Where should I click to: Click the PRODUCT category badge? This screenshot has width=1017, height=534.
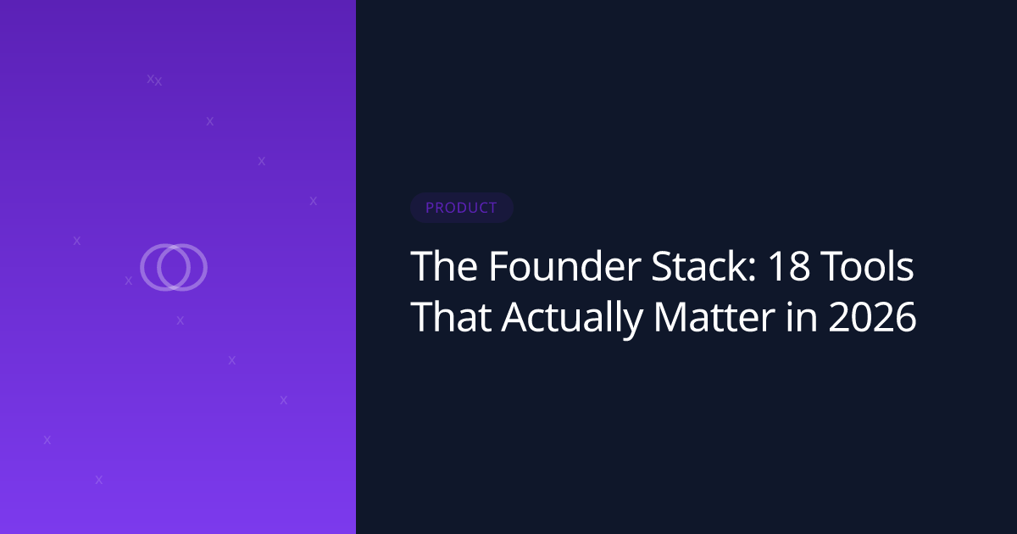[x=461, y=208]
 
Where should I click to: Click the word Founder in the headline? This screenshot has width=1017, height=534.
[x=565, y=266]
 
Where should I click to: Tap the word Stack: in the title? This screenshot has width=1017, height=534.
[x=703, y=266]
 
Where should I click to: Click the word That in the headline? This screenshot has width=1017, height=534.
[x=451, y=316]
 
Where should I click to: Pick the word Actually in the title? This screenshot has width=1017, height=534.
[x=572, y=320]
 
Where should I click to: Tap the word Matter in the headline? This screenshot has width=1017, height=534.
[x=714, y=316]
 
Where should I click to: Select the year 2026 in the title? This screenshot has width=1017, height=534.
[x=873, y=317]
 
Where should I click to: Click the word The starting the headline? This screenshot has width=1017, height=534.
[x=444, y=266]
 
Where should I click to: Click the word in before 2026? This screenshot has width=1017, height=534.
[x=802, y=317]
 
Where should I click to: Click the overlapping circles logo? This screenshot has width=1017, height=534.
[x=174, y=268]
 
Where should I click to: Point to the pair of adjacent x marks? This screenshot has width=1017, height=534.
[x=154, y=80]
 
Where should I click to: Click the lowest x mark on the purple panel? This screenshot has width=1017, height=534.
[x=99, y=480]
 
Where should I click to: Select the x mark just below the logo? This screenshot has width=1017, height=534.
[x=181, y=320]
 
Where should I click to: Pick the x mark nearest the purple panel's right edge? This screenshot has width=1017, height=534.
[x=314, y=201]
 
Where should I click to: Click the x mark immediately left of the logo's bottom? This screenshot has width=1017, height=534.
[x=129, y=281]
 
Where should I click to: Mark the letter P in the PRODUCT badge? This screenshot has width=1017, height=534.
[x=429, y=208]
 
